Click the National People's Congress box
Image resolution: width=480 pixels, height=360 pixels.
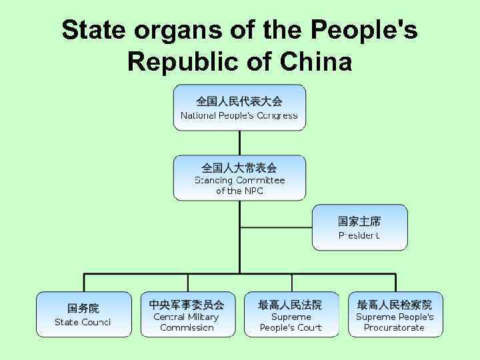[239, 108]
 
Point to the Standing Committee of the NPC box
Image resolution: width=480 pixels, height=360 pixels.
[239, 178]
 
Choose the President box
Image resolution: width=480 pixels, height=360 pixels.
[359, 228]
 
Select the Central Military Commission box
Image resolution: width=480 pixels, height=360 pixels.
[187, 314]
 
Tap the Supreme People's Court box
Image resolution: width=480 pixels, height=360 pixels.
[291, 314]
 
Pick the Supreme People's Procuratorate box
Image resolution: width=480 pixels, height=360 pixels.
[395, 314]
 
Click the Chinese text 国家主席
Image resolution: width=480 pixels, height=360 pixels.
[359, 221]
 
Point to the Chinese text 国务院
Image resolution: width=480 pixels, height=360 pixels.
[83, 308]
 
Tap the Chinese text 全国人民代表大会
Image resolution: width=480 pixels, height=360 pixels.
[239, 101]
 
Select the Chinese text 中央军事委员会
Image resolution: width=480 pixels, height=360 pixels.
[187, 305]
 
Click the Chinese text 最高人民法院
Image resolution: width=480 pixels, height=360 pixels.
[291, 305]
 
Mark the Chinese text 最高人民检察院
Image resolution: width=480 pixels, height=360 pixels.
[395, 305]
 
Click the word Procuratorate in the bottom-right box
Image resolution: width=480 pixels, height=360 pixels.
[395, 327]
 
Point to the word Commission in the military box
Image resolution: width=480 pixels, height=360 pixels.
[187, 327]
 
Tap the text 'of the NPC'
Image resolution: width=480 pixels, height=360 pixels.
[239, 191]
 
